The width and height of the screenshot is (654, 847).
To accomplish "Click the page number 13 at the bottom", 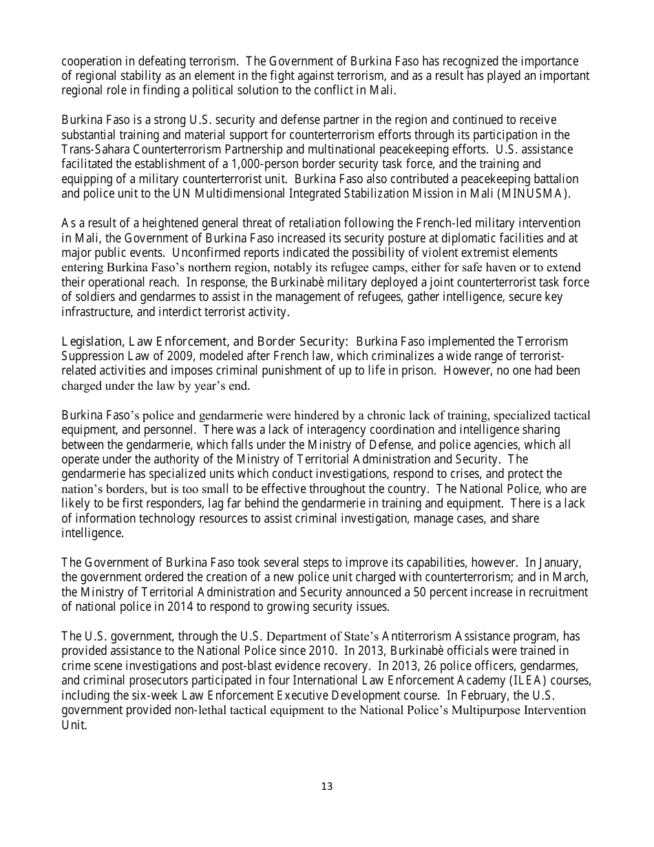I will coord(327,786).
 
